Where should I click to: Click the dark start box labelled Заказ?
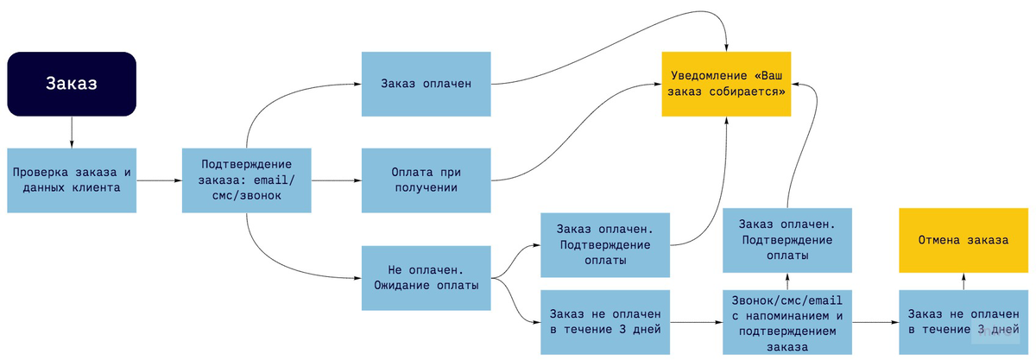tap(72, 84)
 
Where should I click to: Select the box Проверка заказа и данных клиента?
tap(72, 180)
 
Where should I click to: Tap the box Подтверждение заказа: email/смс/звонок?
tap(247, 180)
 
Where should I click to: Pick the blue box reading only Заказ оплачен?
tap(426, 84)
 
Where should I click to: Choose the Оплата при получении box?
tap(426, 180)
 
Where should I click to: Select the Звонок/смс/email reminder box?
tap(786, 322)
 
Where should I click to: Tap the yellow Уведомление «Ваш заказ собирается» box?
tap(726, 84)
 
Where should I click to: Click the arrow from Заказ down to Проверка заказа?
tap(72, 131)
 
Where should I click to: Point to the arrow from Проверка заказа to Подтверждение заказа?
tap(159, 180)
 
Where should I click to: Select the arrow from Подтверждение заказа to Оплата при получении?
tap(336, 180)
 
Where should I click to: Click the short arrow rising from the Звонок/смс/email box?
tap(786, 281)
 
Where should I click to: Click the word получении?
tap(426, 186)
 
